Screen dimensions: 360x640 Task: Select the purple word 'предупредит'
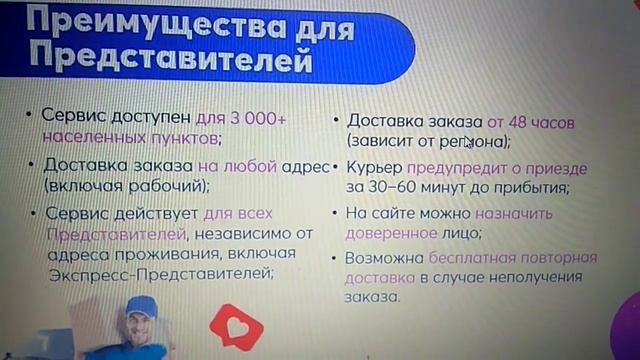pyautogui.click(x=450, y=167)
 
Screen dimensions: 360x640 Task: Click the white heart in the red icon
pyautogui.click(x=236, y=326)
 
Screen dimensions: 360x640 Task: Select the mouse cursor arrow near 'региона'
pyautogui.click(x=468, y=141)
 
